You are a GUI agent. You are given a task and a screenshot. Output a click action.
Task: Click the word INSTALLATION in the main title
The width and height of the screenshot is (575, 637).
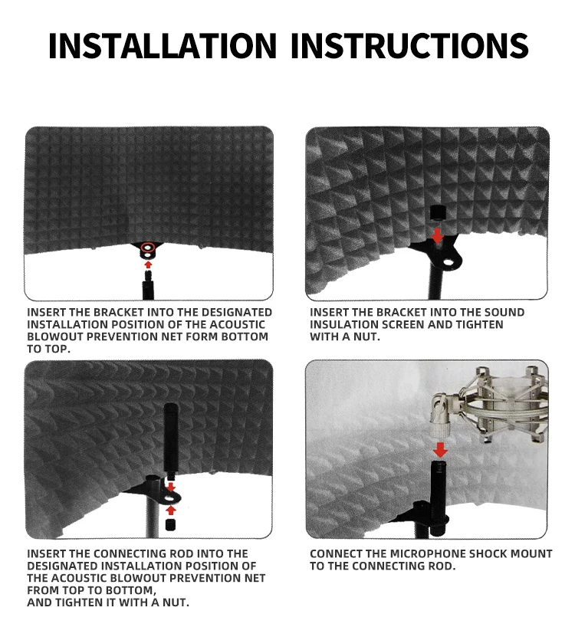163,45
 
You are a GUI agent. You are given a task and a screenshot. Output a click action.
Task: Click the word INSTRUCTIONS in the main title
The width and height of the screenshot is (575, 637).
409,45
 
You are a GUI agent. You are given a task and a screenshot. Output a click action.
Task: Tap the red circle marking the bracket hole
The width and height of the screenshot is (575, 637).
147,247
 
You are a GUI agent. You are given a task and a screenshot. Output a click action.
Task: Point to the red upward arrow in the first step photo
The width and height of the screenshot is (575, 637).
148,265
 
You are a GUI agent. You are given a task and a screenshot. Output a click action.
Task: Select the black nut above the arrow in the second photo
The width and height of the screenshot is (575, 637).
438,212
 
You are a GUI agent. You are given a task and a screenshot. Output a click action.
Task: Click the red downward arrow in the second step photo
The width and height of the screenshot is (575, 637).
437,235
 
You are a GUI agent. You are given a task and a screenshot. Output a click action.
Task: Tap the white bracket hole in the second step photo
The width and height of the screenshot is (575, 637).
449,262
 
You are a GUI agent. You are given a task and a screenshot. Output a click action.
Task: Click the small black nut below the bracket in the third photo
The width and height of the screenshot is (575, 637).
171,524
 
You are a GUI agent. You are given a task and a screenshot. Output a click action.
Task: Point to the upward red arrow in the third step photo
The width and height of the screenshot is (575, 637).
171,511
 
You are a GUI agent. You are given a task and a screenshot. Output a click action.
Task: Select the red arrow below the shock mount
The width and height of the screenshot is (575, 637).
440,450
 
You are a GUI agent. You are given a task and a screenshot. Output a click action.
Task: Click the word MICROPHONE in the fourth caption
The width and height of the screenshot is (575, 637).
428,553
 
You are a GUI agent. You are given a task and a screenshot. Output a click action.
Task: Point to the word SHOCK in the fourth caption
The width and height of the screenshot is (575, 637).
485,553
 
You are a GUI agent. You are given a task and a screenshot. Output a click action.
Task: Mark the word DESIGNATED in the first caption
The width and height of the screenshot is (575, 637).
236,313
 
